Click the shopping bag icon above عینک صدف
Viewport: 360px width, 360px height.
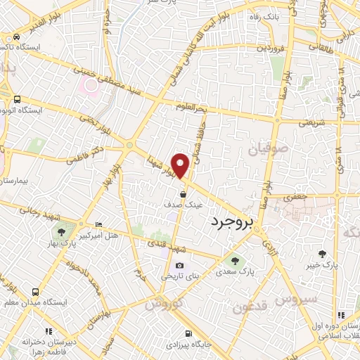pyautogui.click(x=183, y=193)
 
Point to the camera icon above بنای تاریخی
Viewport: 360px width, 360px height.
pyautogui.click(x=179, y=266)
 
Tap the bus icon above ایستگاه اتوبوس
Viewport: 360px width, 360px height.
pyautogui.click(x=16, y=99)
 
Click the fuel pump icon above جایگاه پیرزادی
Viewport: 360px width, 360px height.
pyautogui.click(x=187, y=334)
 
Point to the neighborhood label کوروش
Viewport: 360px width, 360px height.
pyautogui.click(x=163, y=304)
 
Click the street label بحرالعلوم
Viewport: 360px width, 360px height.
pyautogui.click(x=213, y=108)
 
